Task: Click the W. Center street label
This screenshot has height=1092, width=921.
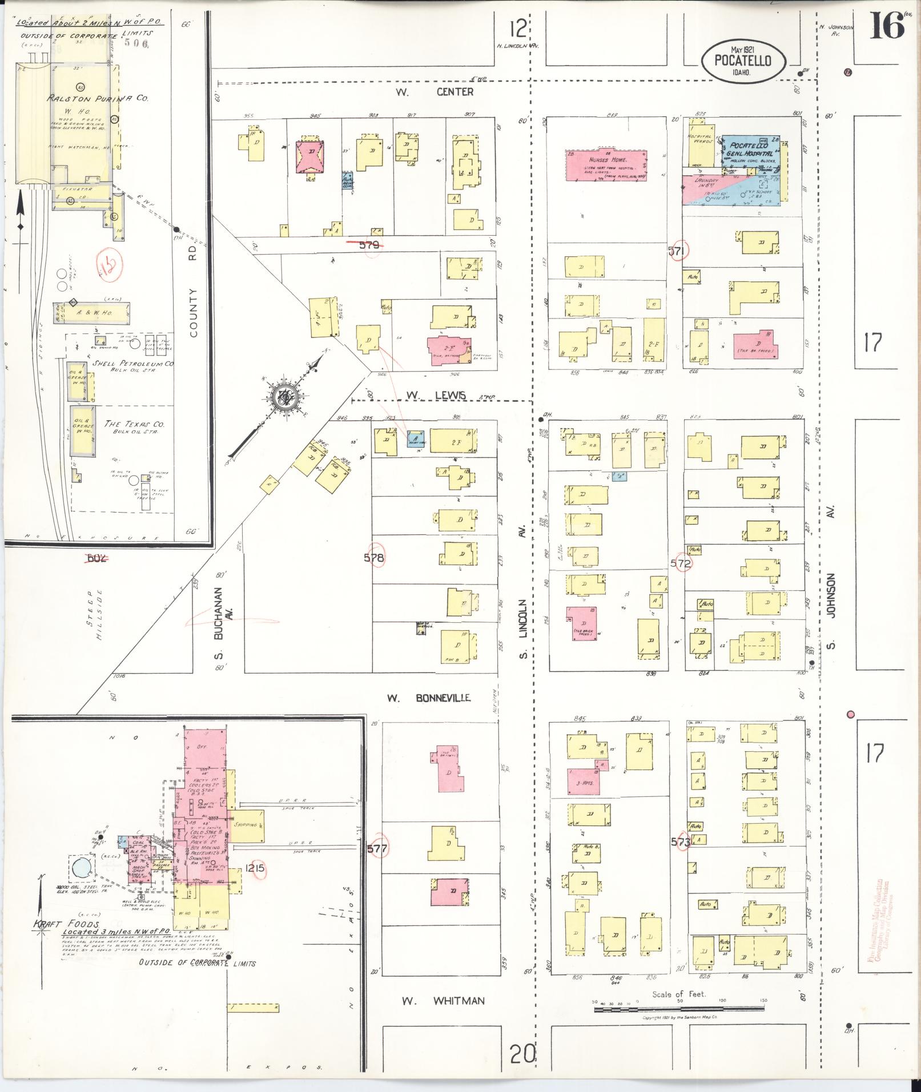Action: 436,92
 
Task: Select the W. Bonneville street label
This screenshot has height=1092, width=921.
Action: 428,698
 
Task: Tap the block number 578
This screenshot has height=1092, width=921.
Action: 374,558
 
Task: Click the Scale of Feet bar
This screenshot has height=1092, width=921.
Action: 679,1009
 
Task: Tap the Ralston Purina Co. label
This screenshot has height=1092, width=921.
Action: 98,98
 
